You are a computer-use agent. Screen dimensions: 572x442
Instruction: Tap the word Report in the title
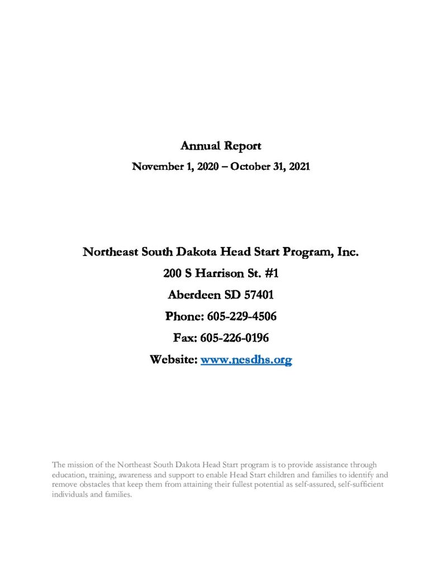[x=243, y=146]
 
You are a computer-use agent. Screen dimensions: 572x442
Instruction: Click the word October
[x=246, y=166]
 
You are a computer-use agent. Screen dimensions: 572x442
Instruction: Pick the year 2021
[x=297, y=166]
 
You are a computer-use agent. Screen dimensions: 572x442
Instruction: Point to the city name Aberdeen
[x=192, y=295]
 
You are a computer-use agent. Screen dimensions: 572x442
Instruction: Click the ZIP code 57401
[x=258, y=295]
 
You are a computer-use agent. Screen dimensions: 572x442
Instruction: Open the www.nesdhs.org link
[x=246, y=360]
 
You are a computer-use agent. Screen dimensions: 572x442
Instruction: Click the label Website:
[x=173, y=360]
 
